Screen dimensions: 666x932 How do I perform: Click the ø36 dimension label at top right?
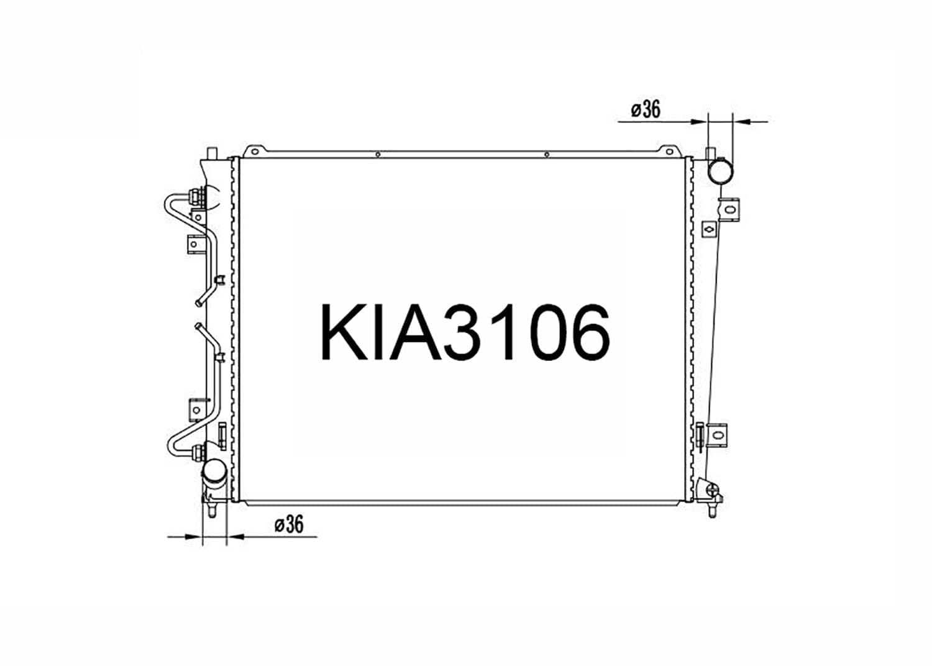pos(646,110)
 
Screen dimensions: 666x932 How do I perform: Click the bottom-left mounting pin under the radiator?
pos(212,509)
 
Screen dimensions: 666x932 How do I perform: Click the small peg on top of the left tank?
pos(212,152)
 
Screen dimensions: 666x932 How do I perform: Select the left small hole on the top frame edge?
pos(378,155)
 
